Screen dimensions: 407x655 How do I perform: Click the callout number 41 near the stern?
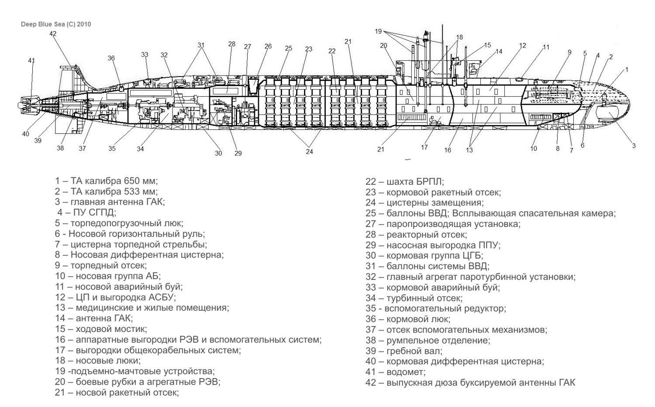click(31, 60)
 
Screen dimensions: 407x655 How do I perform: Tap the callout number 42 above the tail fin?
click(53, 34)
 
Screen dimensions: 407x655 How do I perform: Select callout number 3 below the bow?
click(634, 146)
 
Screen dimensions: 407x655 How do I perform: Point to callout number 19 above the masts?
click(379, 31)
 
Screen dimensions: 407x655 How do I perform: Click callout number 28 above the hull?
click(231, 44)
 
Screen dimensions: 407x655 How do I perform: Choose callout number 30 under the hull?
click(218, 153)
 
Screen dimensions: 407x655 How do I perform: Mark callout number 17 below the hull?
click(424, 147)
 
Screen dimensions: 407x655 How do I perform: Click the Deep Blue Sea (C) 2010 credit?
click(56, 24)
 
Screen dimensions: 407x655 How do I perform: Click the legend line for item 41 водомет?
click(395, 372)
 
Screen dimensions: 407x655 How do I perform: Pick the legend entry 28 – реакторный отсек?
click(416, 235)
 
